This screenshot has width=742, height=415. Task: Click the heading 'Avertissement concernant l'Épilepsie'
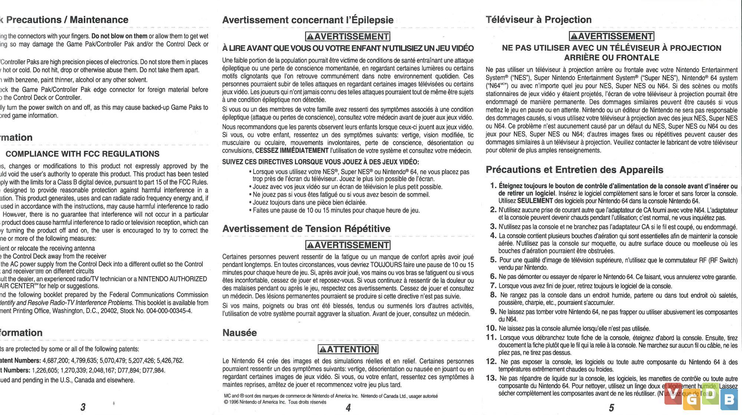click(x=308, y=20)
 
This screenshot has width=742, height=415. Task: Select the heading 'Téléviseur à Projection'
click(x=538, y=20)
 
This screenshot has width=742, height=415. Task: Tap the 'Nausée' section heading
click(x=239, y=333)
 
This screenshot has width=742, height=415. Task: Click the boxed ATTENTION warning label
click(x=348, y=349)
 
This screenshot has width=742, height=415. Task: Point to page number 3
click(x=83, y=407)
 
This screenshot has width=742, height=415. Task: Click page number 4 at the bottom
click(x=348, y=408)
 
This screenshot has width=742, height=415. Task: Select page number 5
click(x=611, y=408)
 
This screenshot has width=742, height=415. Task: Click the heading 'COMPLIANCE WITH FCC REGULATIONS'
click(x=82, y=154)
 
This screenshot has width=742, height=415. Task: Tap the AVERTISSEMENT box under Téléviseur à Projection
click(x=611, y=36)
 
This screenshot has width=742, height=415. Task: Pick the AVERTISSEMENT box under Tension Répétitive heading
click(x=348, y=245)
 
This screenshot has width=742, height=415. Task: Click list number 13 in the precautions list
click(x=491, y=378)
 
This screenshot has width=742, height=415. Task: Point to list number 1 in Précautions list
click(x=493, y=185)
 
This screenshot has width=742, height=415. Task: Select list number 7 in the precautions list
click(x=493, y=286)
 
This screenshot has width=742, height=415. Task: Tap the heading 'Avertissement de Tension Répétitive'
click(x=306, y=229)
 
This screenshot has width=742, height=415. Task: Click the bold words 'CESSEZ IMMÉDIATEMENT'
click(x=292, y=151)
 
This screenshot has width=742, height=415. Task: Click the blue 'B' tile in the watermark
click(x=729, y=399)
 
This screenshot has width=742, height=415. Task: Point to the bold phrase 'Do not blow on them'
click(x=119, y=36)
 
